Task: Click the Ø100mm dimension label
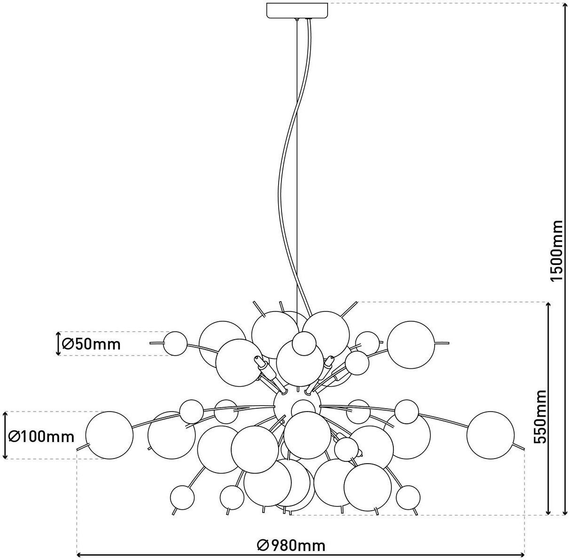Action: (x=42, y=436)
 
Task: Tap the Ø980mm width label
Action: (x=291, y=545)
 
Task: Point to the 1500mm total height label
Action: (x=556, y=251)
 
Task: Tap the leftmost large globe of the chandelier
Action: (x=109, y=435)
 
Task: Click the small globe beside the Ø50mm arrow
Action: (x=176, y=343)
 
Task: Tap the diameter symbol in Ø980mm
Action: (x=263, y=545)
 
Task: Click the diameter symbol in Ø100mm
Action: (x=15, y=437)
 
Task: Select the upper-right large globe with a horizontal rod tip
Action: (x=411, y=344)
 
